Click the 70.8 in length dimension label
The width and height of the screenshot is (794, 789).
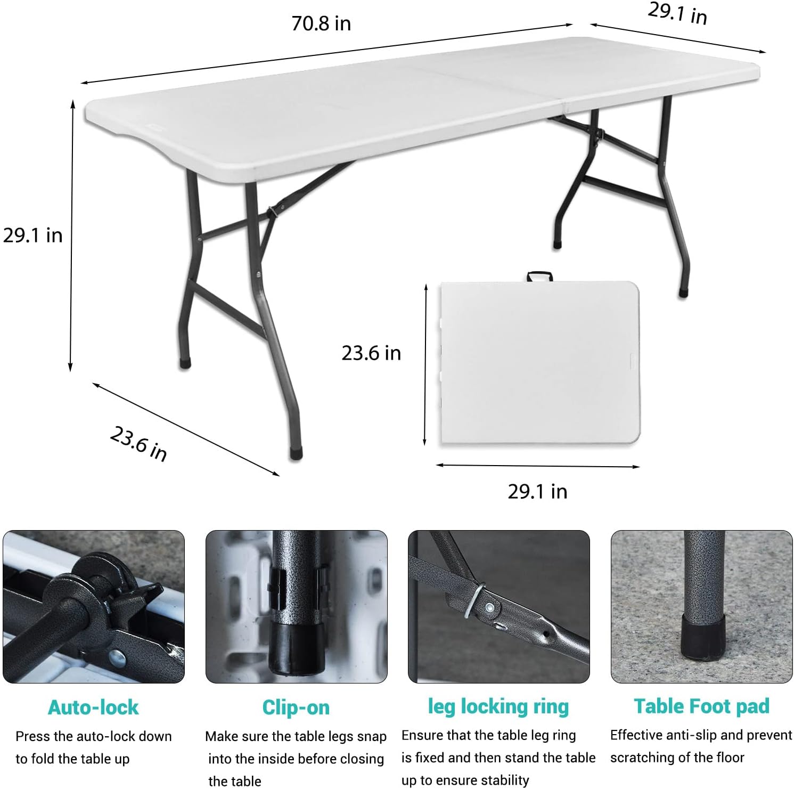tap(321, 24)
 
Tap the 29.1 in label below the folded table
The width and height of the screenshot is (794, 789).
tap(537, 491)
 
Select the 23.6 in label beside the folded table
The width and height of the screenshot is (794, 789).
tap(371, 353)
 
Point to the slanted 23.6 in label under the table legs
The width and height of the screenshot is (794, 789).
tap(138, 443)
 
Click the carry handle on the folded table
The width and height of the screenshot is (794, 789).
tap(539, 276)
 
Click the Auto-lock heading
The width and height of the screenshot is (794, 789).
tap(93, 707)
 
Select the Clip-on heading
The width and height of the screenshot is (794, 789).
tap(296, 707)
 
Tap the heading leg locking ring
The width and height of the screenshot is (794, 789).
tap(498, 706)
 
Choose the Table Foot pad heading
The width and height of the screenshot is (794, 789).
tap(701, 706)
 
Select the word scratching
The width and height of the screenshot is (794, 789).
tap(639, 758)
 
